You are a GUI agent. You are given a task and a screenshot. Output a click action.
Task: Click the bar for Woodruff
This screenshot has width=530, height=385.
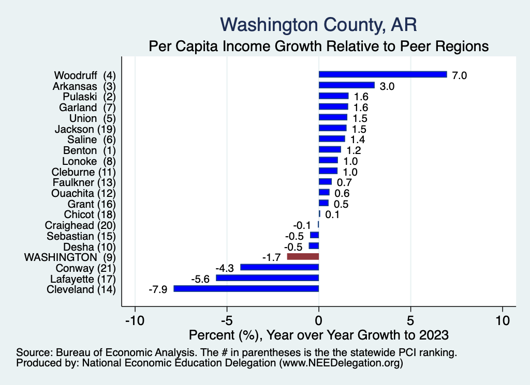point(382,74)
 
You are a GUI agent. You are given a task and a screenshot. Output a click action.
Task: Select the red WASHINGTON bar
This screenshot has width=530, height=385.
point(303,256)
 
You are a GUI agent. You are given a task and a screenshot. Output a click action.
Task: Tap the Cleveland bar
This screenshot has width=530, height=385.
point(246,289)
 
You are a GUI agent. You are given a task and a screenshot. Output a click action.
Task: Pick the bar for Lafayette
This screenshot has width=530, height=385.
point(267,278)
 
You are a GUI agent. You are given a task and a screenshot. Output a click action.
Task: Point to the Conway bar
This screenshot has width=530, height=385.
point(279,267)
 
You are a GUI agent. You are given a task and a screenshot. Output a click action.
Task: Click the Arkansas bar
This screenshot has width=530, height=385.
point(346,85)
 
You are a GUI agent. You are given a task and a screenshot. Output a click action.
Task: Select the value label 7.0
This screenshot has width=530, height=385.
point(460,75)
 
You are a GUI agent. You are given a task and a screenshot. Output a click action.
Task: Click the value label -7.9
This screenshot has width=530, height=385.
point(157,289)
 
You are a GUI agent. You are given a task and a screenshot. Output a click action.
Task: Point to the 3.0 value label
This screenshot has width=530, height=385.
point(387,86)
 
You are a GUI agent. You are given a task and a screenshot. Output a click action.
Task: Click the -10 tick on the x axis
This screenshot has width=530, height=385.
point(135,320)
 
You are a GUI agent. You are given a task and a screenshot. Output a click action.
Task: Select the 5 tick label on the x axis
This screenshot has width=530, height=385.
point(410,320)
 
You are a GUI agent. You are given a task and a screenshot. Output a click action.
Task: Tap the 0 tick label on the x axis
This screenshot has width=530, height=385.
point(319,320)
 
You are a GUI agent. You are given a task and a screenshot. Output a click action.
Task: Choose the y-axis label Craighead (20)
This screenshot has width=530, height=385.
point(80,225)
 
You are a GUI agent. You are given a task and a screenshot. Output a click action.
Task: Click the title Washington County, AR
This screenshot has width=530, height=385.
point(318,24)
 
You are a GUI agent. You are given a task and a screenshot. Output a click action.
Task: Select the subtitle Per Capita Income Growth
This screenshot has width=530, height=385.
point(318,46)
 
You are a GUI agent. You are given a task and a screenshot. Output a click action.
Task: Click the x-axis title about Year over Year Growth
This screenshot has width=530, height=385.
point(318,335)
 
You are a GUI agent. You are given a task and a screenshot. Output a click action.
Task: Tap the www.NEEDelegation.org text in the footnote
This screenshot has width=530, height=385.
point(341,363)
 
